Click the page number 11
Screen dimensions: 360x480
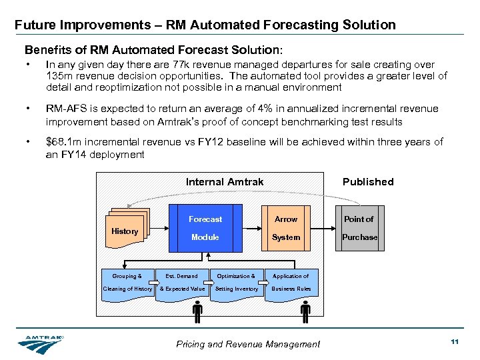455,342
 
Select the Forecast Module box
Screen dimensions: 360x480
205,228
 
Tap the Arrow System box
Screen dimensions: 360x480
286,228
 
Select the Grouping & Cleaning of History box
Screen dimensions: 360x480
127,283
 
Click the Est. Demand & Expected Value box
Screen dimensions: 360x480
181,283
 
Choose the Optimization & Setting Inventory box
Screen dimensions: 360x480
236,283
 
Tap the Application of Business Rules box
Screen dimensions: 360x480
291,283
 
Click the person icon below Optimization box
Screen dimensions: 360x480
198,311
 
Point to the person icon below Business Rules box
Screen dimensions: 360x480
305,311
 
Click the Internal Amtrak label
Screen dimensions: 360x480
225,182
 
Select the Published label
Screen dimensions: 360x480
368,182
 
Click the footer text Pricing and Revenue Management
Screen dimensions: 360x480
248,344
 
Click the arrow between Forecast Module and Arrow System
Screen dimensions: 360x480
245,228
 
